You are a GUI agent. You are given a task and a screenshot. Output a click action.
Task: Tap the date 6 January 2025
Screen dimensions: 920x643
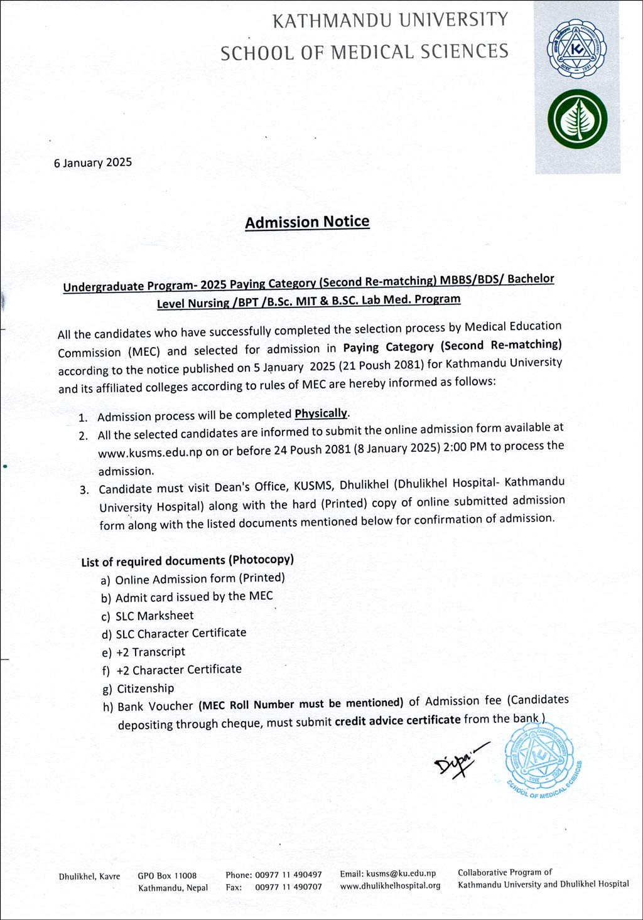[93, 163]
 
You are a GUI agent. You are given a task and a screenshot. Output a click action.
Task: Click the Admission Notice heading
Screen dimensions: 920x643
[307, 222]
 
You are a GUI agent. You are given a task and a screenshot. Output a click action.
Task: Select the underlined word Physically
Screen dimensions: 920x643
[321, 414]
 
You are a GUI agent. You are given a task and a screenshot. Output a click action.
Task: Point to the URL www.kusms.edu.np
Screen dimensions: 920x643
[150, 452]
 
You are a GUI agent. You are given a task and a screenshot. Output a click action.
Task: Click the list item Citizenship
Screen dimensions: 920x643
[145, 688]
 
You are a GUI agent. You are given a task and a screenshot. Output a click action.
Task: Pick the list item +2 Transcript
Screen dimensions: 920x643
[151, 652]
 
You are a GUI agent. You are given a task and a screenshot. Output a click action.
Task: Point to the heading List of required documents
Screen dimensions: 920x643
[187, 560]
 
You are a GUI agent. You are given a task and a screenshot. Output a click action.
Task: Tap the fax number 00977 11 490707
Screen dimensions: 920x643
[288, 887]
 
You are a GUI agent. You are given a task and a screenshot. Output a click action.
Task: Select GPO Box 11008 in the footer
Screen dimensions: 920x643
[167, 875]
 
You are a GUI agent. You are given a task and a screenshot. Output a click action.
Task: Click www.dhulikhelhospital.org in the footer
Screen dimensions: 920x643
[390, 886]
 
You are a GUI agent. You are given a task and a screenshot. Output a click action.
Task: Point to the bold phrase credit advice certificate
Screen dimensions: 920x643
[397, 720]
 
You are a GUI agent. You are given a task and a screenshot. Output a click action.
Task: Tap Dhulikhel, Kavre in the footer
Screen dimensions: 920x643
[89, 876]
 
